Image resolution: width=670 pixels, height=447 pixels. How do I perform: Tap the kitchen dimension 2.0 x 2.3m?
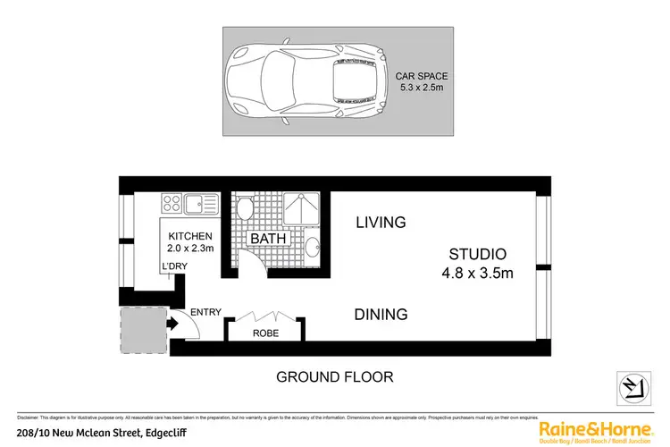pos(190,249)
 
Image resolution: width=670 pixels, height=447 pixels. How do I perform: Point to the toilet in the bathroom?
pos(245,209)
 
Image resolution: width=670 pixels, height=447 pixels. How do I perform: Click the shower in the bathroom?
pos(302,211)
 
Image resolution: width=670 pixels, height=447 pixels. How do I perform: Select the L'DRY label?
pos(173,267)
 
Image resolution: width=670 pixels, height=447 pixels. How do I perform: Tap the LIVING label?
pos(381,222)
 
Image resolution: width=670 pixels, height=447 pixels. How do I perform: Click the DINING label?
pos(381,315)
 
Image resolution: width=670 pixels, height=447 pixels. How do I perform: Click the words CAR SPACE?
pos(423,76)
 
